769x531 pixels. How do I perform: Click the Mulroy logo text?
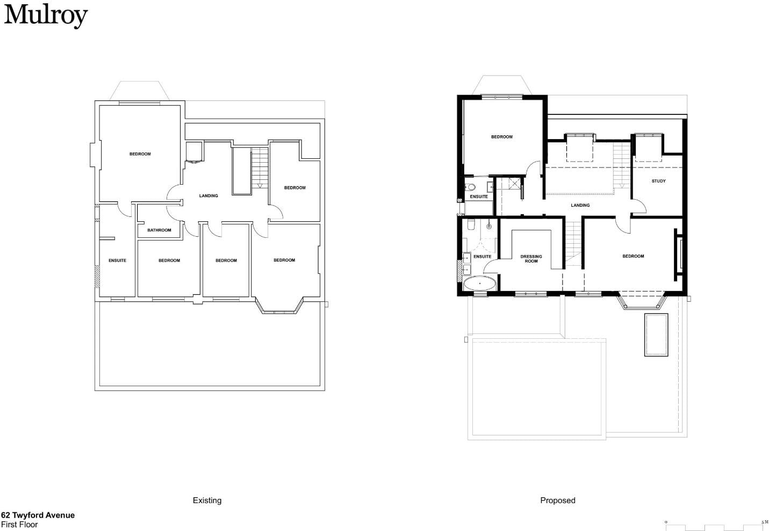pyautogui.click(x=46, y=16)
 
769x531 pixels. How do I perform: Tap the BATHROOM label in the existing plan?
pyautogui.click(x=159, y=230)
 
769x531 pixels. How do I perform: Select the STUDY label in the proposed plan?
pyautogui.click(x=658, y=181)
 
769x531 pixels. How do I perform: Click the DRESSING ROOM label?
pyautogui.click(x=531, y=259)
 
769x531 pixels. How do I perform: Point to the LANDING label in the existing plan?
pyautogui.click(x=209, y=196)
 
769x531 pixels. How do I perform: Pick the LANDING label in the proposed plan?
pyautogui.click(x=580, y=205)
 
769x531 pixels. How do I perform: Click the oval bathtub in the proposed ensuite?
pyautogui.click(x=479, y=283)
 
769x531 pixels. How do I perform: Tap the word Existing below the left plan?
pyautogui.click(x=207, y=500)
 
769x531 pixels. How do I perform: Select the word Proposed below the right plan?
pyautogui.click(x=558, y=500)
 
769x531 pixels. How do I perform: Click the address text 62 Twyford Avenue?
pyautogui.click(x=38, y=515)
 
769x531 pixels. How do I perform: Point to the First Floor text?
pyautogui.click(x=19, y=525)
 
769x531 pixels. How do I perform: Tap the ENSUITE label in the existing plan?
pyautogui.click(x=117, y=261)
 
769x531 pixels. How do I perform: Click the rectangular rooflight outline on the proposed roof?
pyautogui.click(x=656, y=335)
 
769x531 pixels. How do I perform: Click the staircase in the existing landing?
pyautogui.click(x=260, y=168)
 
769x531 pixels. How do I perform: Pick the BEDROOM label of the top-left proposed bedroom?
pyautogui.click(x=501, y=137)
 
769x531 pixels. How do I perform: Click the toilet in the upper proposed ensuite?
pyautogui.click(x=470, y=187)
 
